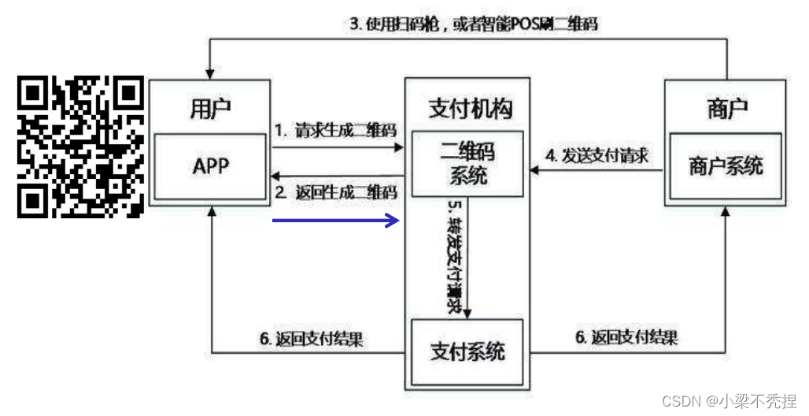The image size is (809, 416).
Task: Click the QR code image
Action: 81,147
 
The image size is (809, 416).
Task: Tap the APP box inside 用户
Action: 210,166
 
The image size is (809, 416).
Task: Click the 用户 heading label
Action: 210,110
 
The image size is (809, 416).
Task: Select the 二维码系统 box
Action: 468,163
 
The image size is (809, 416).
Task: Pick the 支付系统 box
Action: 467,351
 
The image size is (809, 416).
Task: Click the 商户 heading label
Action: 726,109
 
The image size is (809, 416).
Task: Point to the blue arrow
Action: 336,221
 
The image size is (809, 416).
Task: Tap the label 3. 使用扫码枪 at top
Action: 473,24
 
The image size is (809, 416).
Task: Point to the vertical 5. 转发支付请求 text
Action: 453,256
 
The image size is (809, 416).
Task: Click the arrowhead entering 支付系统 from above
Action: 467,314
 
